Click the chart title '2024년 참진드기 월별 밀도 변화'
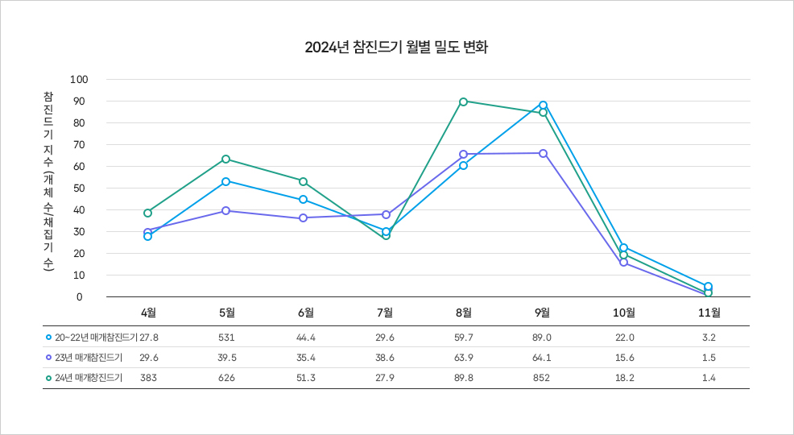click(x=396, y=47)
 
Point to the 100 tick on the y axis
click(x=79, y=79)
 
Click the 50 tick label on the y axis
click(x=79, y=188)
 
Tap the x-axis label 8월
click(x=463, y=312)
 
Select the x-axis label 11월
click(x=709, y=312)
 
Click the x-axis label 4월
click(x=148, y=312)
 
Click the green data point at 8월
click(x=463, y=101)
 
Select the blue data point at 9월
click(x=543, y=105)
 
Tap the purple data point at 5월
click(x=225, y=210)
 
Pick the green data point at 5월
click(x=225, y=159)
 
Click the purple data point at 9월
click(x=543, y=153)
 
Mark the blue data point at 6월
click(x=303, y=199)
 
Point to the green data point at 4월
click(x=147, y=213)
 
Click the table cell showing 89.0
click(x=542, y=337)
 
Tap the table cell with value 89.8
click(x=463, y=378)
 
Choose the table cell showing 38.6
click(x=384, y=357)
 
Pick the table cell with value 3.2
click(x=709, y=337)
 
